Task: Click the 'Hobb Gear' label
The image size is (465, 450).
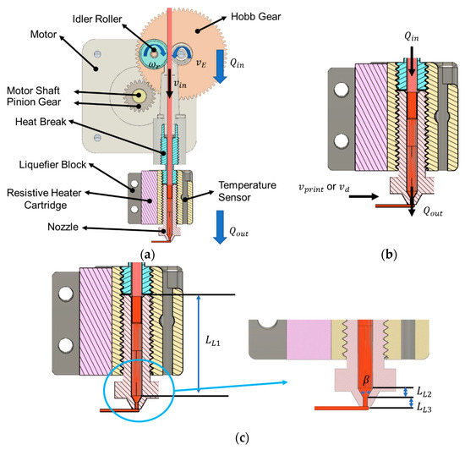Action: point(255,17)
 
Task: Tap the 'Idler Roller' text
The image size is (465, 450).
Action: point(97,19)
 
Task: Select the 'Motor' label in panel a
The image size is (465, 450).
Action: point(43,35)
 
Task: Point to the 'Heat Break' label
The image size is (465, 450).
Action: point(41,122)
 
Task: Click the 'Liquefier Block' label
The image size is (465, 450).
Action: point(52,165)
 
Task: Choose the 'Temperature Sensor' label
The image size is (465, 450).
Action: point(248,191)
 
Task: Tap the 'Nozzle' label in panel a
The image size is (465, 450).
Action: point(63,227)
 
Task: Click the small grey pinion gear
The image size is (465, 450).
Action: point(139,96)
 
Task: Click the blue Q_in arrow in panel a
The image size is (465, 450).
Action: point(220,67)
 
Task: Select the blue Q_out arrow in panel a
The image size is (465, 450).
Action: point(220,227)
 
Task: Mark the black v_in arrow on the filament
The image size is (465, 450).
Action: point(169,84)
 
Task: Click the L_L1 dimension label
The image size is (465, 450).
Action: point(213,341)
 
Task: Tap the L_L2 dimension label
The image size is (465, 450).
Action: point(424,392)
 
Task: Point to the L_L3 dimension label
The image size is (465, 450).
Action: point(424,408)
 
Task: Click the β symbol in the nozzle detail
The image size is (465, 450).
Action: point(366,380)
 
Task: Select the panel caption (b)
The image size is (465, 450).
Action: point(389,255)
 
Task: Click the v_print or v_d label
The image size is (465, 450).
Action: point(324,188)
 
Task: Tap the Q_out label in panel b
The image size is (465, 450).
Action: point(433,211)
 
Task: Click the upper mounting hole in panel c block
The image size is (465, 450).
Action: point(66,294)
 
